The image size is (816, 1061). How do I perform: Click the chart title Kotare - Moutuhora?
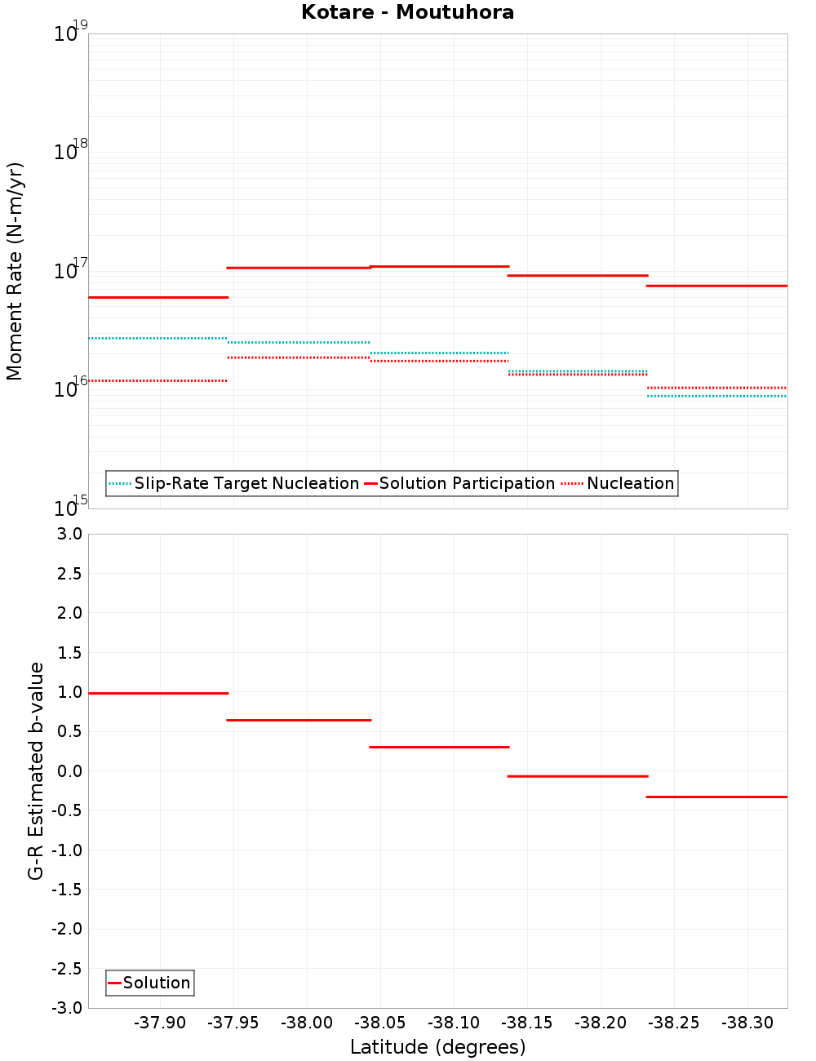pyautogui.click(x=407, y=13)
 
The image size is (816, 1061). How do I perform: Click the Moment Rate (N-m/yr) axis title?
pyautogui.click(x=16, y=271)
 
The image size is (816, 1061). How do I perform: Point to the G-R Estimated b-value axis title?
pyautogui.click(x=36, y=770)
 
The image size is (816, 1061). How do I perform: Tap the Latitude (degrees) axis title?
pyautogui.click(x=437, y=1047)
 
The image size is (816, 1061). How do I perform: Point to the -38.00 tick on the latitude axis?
pyautogui.click(x=307, y=1023)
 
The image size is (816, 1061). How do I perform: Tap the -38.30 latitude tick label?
pyautogui.click(x=747, y=1023)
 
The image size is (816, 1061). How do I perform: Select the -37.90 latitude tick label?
pyautogui.click(x=160, y=1023)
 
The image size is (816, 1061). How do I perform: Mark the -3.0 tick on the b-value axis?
pyautogui.click(x=67, y=1008)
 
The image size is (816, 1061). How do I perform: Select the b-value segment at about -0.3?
pyautogui.click(x=716, y=797)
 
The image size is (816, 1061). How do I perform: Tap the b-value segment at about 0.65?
pyautogui.click(x=299, y=720)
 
